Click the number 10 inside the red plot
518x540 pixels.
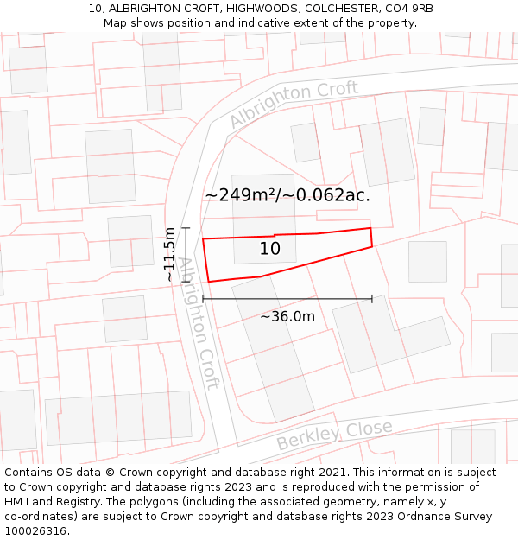270,249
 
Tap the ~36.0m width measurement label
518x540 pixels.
287,316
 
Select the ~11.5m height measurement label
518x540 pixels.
170,254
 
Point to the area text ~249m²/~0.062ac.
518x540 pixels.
287,195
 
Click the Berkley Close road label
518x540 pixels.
334,435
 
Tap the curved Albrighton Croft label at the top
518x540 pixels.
294,104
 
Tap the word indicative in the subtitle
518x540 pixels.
262,23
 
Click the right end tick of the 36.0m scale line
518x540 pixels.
372,299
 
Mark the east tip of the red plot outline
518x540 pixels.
372,246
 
